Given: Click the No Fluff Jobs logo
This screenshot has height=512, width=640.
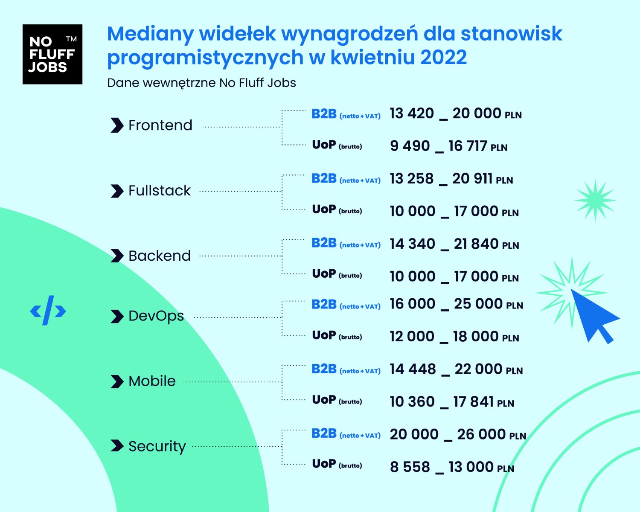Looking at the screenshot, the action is (52, 54).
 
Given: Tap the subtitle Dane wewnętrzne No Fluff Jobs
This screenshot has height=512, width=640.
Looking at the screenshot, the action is (201, 83).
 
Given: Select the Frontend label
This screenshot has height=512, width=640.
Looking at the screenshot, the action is (160, 125).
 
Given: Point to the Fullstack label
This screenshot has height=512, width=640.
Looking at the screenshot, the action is (160, 190).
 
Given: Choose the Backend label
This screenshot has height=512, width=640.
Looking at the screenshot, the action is (160, 256).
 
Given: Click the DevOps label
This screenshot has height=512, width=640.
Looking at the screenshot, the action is (156, 316).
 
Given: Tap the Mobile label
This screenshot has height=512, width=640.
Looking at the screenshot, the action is (152, 381).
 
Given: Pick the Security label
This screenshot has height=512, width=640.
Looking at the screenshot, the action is (157, 447).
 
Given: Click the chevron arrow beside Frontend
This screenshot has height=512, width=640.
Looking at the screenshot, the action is (117, 125).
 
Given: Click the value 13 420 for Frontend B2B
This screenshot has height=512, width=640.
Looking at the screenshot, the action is (412, 113).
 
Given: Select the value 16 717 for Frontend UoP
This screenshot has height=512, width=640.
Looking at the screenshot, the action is (468, 146).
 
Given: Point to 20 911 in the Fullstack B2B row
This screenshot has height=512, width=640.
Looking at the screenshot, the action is (472, 178).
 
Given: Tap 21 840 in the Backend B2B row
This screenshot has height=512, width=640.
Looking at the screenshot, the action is (476, 244).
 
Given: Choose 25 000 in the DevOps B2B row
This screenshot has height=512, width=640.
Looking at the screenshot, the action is (478, 304).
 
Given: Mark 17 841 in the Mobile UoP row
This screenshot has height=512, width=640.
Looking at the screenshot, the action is (474, 401).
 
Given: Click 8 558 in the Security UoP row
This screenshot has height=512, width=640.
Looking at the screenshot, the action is (410, 467).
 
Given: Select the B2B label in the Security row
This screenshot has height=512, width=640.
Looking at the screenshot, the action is (324, 433).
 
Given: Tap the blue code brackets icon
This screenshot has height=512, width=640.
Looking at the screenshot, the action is (48, 310).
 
